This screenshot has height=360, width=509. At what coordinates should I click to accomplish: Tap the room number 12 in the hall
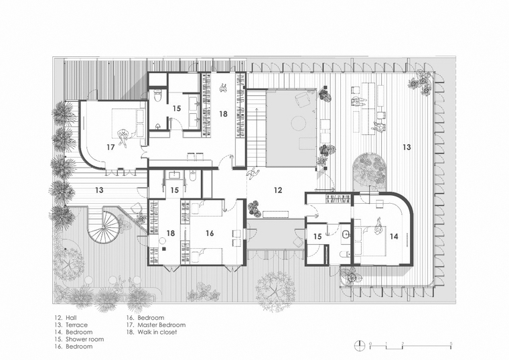pos(278,190)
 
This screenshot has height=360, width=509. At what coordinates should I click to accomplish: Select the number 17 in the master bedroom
pos(111,147)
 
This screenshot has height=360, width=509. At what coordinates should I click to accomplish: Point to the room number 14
pos(394,236)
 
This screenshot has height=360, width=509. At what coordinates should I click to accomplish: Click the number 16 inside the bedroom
pos(210,233)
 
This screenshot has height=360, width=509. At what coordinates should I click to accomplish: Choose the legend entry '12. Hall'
pos(66,318)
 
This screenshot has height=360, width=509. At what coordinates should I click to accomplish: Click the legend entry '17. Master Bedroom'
pos(156,325)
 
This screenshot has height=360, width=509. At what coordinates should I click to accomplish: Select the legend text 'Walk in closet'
pos(157,332)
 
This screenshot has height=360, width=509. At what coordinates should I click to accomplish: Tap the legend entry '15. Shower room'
pos(79,339)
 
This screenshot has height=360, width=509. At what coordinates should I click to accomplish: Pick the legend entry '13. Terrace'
pos(71,325)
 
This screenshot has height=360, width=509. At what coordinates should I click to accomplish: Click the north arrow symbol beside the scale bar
pos(360,345)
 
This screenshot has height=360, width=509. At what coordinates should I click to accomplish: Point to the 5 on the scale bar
pos(451,343)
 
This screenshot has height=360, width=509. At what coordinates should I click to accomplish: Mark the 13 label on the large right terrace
pos(407,147)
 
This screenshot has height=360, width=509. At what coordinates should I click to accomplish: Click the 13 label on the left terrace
pos(99,190)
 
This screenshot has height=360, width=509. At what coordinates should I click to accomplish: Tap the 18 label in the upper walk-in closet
pos(223,114)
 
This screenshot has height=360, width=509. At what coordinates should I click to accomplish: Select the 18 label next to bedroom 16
pos(171,233)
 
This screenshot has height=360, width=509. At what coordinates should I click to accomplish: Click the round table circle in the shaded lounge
pos(298,123)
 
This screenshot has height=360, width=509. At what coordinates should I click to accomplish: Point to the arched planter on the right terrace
pos(370,172)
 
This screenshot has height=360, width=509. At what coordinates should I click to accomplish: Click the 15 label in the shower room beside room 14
pos(317,237)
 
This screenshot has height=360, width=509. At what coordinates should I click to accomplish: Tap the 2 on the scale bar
pos(403,343)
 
